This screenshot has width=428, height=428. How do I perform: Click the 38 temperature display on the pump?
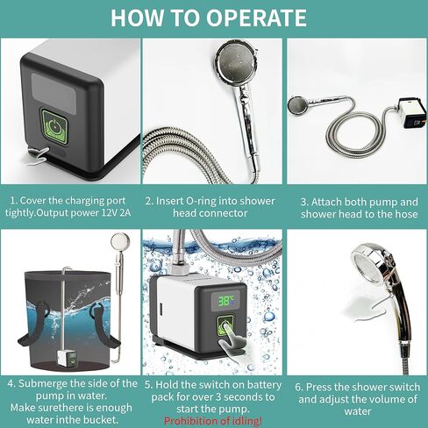tap(226, 298)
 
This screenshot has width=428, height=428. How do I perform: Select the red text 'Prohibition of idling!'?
tap(213, 421)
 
